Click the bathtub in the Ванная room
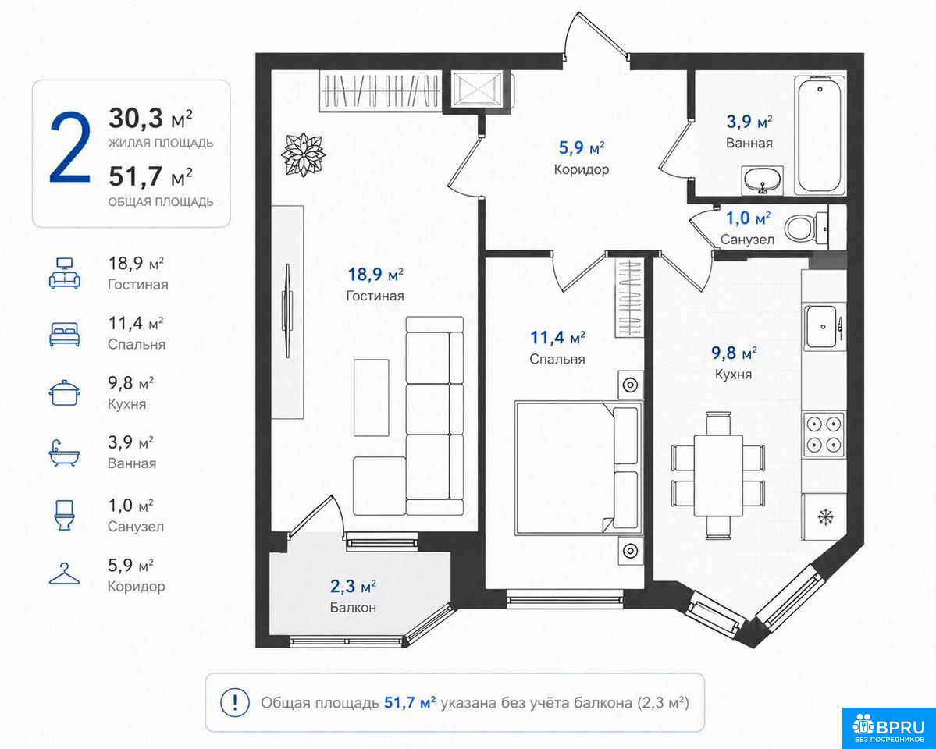click(820, 135)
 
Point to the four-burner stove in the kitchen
click(824, 434)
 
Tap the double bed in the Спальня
click(577, 467)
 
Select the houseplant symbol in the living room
click(304, 154)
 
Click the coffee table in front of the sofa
click(371, 397)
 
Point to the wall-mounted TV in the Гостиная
click(288, 311)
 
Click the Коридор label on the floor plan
click(582, 169)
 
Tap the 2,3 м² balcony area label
click(353, 587)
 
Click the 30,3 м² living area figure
click(151, 119)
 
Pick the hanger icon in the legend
click(65, 574)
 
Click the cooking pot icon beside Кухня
click(65, 392)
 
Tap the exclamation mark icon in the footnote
click(235, 702)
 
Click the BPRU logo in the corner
click(889, 727)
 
